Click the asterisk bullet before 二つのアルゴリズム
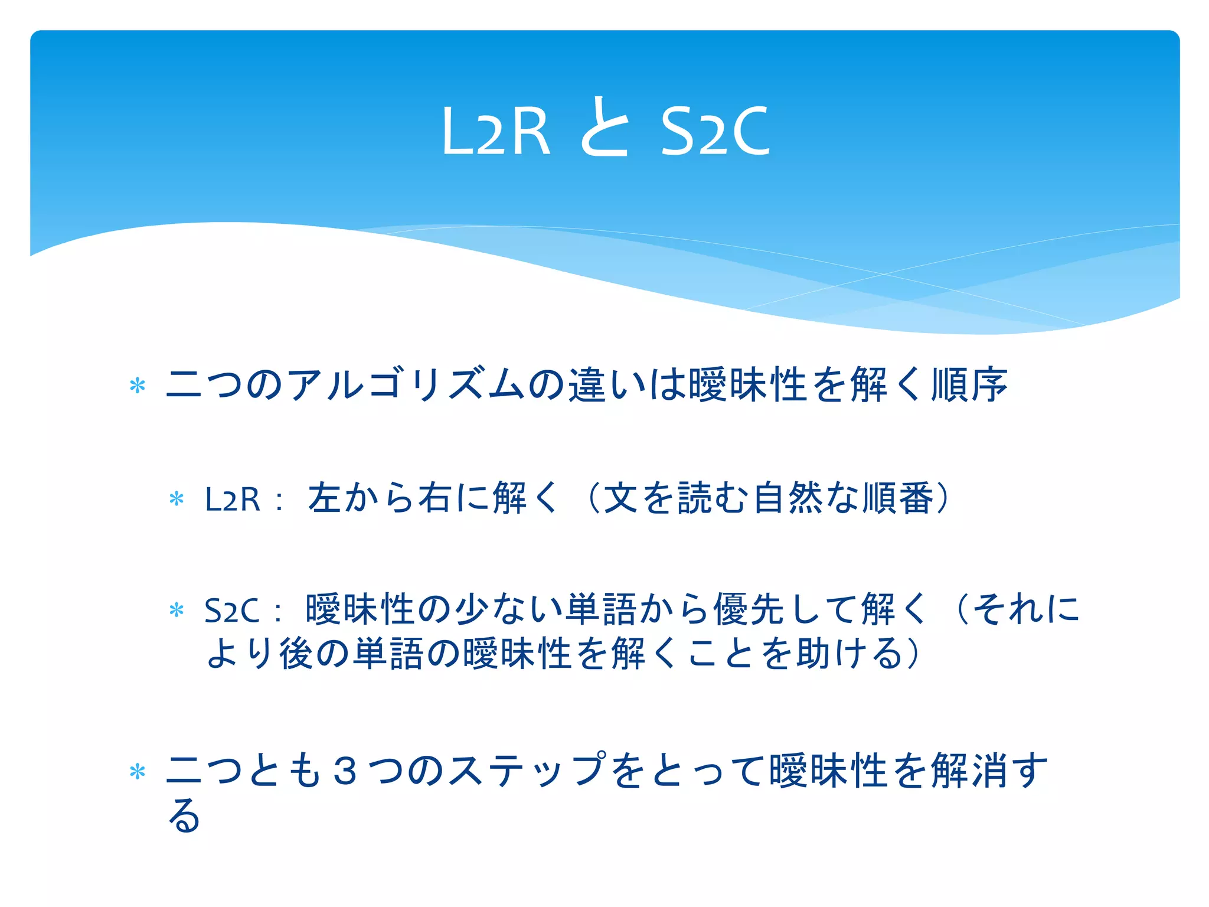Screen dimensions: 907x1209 point(138,387)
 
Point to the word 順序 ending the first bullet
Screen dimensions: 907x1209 point(969,385)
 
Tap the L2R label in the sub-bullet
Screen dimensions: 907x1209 point(232,500)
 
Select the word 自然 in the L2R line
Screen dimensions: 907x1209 point(788,498)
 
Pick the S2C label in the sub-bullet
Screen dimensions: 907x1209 point(231,611)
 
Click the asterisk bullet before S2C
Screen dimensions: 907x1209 point(177,611)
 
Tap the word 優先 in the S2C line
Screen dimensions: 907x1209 point(750,609)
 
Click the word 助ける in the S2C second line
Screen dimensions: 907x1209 point(850,654)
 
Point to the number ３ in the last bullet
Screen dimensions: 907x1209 point(345,771)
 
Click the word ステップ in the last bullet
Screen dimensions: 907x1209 point(528,771)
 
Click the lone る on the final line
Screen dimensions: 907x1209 point(184,815)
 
